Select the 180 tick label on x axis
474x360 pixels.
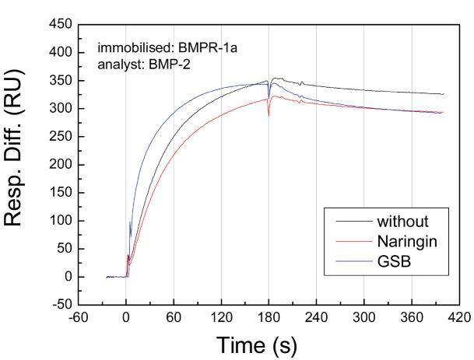[269, 317]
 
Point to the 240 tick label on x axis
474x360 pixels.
[316, 317]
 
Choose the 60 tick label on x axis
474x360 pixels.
[174, 317]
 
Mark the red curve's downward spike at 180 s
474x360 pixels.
[269, 114]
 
